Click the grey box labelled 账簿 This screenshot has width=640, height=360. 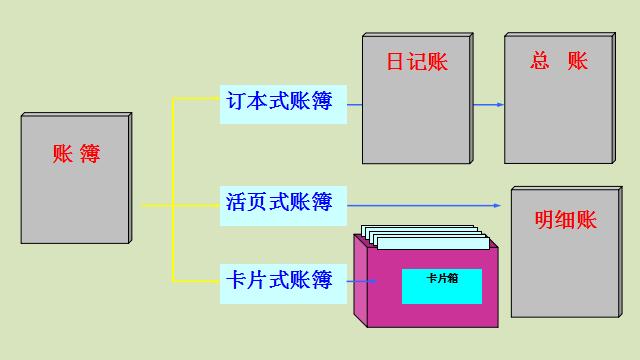75,200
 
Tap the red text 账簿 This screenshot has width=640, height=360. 77,154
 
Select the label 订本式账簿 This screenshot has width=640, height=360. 283,103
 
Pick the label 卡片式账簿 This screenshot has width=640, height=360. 283,279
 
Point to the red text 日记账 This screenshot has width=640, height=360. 417,62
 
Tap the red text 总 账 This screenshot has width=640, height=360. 558,62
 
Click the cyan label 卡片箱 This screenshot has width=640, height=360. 441,286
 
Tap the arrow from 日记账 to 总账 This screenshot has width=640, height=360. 487,103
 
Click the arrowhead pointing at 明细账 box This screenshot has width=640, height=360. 496,205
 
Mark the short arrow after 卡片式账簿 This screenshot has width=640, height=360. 363,281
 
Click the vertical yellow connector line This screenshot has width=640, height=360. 174,190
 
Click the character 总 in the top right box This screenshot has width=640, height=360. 541,62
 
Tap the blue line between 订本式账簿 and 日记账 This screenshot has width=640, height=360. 354,103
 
